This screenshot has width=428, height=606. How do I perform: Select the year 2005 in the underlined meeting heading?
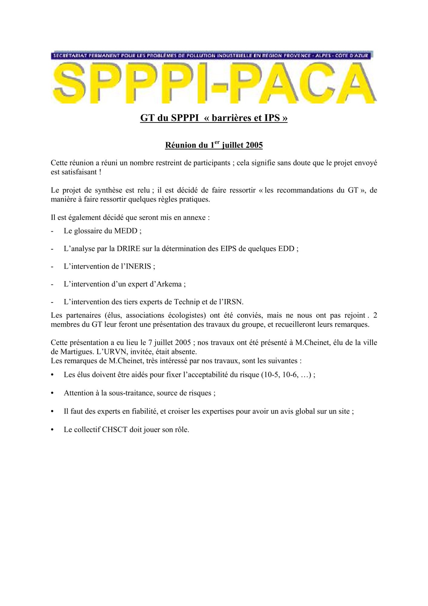click(x=254, y=145)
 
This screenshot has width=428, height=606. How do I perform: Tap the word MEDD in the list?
click(x=125, y=231)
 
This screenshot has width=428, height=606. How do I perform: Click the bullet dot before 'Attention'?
click(x=52, y=393)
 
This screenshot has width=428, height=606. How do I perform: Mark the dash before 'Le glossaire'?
click(x=52, y=231)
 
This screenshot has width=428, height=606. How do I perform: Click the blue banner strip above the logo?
click(x=212, y=55)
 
